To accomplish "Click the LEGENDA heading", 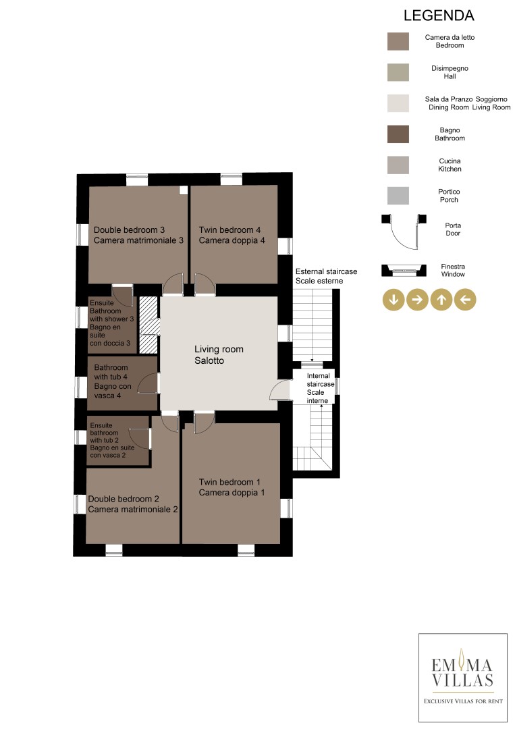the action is pyautogui.click(x=439, y=16).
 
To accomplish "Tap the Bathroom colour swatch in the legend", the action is pyautogui.click(x=398, y=134).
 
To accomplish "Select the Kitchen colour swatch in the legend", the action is pyautogui.click(x=398, y=165).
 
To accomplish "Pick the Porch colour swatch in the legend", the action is pyautogui.click(x=398, y=196).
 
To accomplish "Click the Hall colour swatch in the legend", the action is pyautogui.click(x=398, y=72).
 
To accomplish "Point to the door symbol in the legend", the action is pyautogui.click(x=404, y=231).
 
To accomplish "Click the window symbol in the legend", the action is pyautogui.click(x=404, y=271).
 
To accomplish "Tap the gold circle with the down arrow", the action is pyautogui.click(x=394, y=300).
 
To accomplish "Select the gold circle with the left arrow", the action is pyautogui.click(x=465, y=300).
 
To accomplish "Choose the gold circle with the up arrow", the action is pyautogui.click(x=441, y=300).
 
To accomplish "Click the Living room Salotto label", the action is pyautogui.click(x=219, y=355).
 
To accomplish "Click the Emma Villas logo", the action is pyautogui.click(x=463, y=678).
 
